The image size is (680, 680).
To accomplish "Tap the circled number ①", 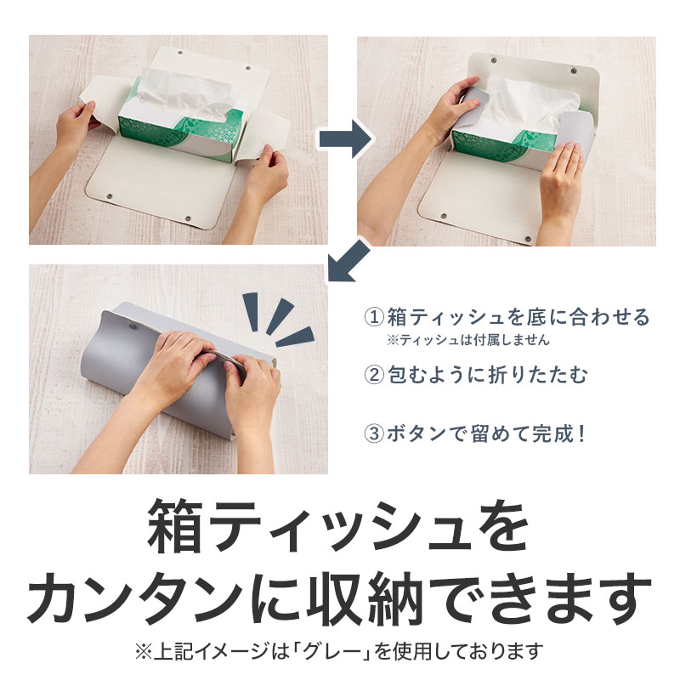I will pyautogui.click(x=374, y=319).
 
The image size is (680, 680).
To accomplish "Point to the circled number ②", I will pyautogui.click(x=374, y=372).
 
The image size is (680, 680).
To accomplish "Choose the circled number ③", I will pyautogui.click(x=374, y=433).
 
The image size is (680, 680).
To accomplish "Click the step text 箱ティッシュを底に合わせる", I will pyautogui.click(x=518, y=319).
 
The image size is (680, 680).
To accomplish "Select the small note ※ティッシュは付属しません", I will pyautogui.click(x=467, y=340).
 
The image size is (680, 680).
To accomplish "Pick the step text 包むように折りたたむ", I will pyautogui.click(x=480, y=372).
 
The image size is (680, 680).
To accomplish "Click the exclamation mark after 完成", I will pyautogui.click(x=581, y=433).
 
